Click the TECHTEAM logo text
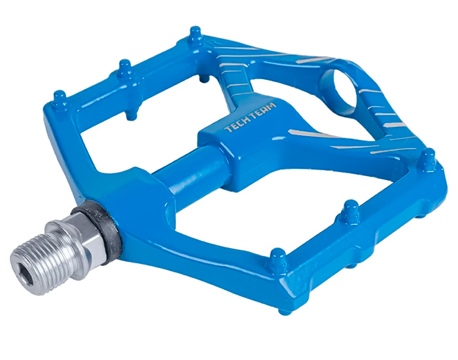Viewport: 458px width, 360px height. (x=251, y=117)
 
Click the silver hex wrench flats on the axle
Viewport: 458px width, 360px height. (x=84, y=234)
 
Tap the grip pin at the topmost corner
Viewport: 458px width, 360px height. (x=195, y=35)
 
